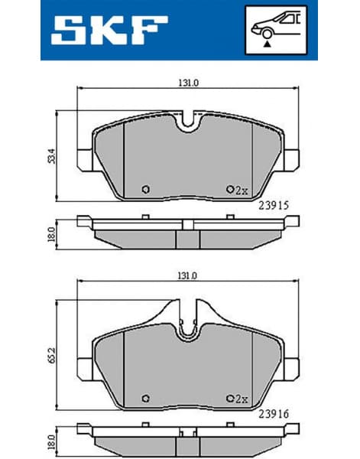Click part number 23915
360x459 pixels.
pos(273,204)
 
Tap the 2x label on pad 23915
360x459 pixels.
pos(242,190)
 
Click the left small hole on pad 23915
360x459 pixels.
pos(146,190)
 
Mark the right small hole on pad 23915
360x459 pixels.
pos(229,190)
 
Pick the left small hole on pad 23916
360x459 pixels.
pos(146,398)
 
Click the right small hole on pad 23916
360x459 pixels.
pos(229,398)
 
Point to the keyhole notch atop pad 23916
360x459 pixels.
pos(187,325)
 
